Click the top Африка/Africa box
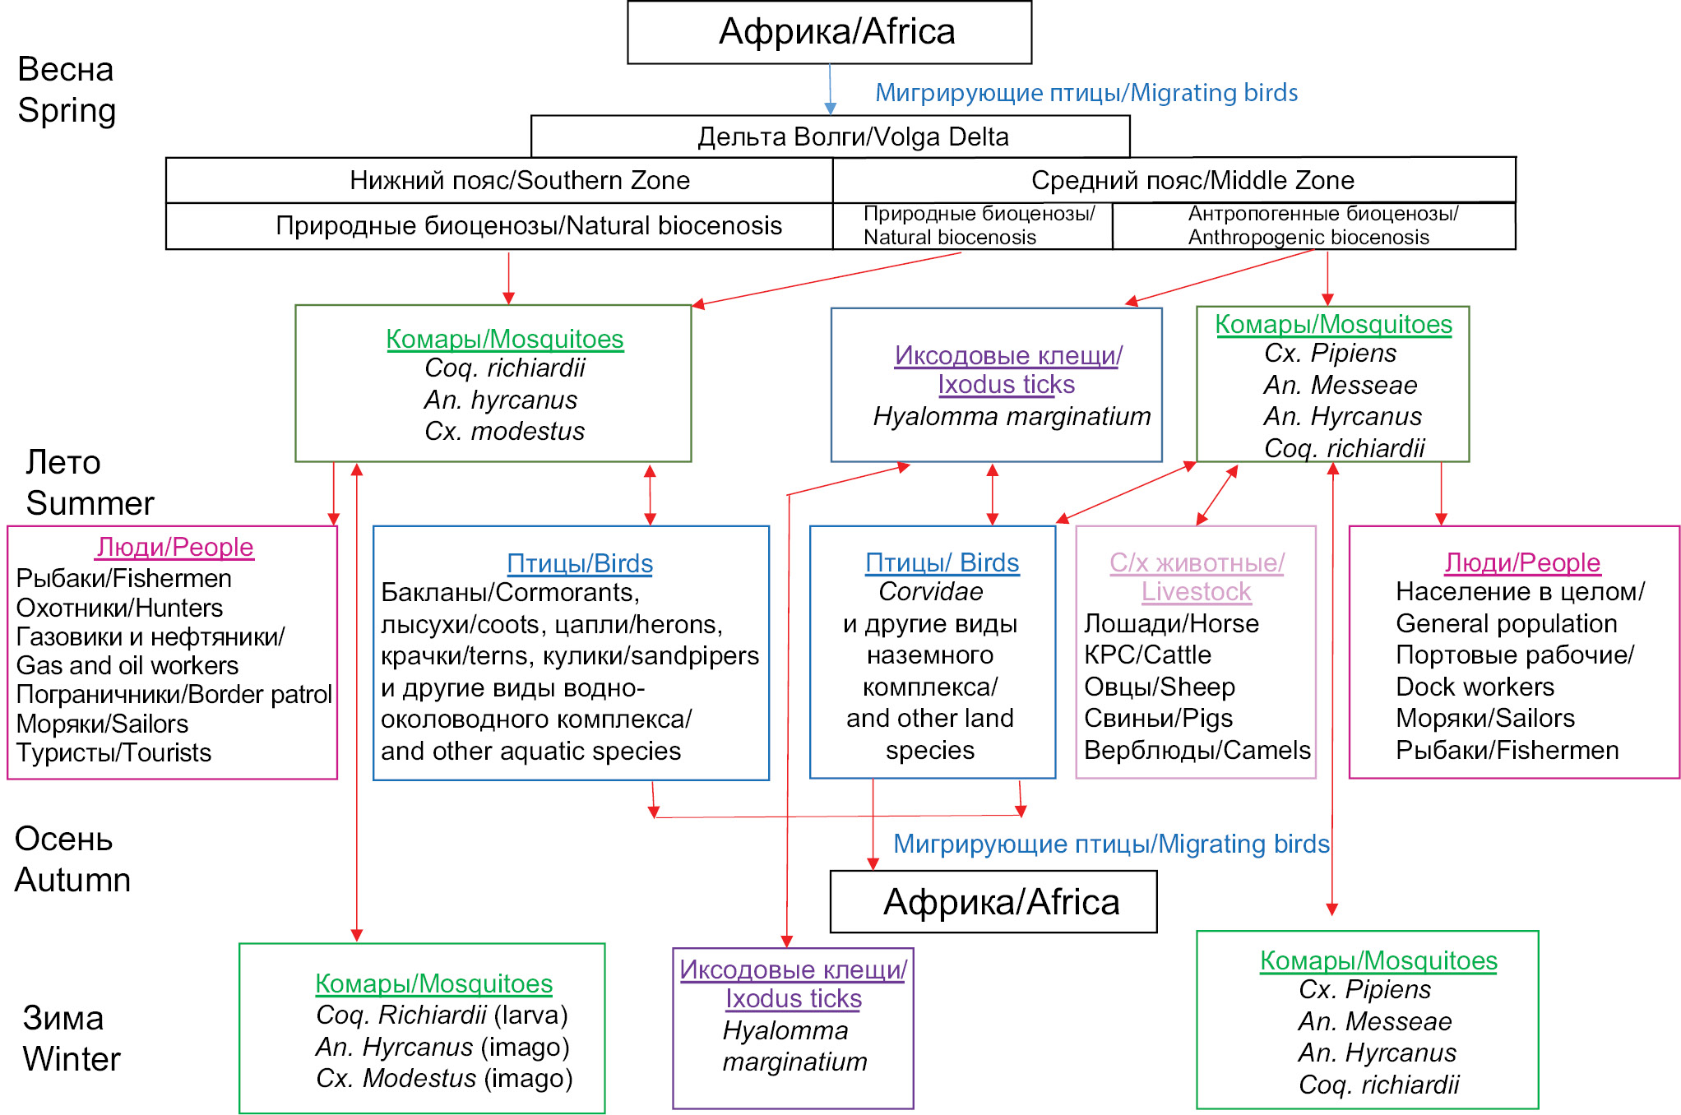tap(829, 32)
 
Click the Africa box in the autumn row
tap(993, 902)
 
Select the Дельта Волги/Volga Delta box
tap(830, 136)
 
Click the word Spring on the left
tap(67, 111)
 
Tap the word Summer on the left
tap(90, 503)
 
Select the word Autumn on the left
tap(72, 880)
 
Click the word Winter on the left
tap(72, 1059)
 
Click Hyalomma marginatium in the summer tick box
tap(1012, 417)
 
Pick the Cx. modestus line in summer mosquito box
tap(504, 431)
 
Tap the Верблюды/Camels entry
tap(1197, 750)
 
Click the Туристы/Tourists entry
tap(113, 752)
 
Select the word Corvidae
tap(930, 592)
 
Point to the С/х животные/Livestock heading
tap(1197, 577)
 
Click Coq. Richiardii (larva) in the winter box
tap(442, 1015)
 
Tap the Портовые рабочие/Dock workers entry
tap(1514, 670)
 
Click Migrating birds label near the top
tap(1086, 93)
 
